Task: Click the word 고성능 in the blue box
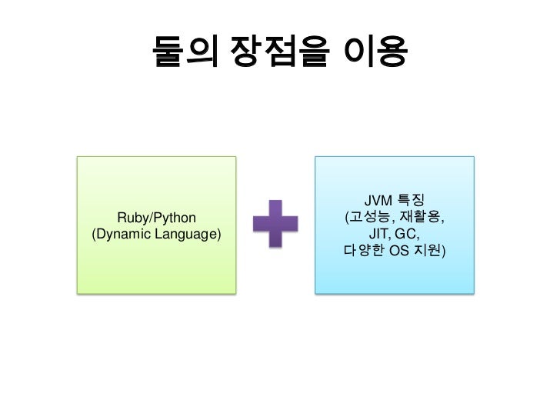click(x=372, y=217)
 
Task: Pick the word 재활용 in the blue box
click(x=422, y=217)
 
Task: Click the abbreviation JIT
click(x=380, y=234)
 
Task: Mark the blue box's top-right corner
click(x=472, y=158)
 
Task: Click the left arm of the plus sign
click(x=259, y=224)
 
